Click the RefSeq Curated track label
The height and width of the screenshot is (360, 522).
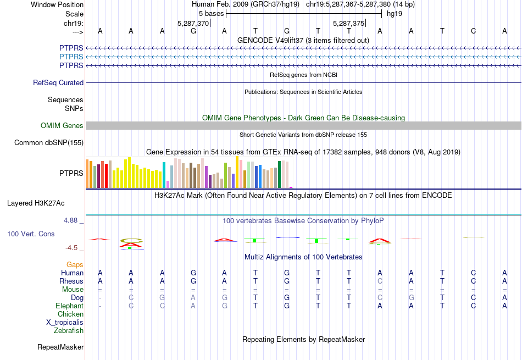pos(58,83)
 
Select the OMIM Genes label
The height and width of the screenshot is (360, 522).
pos(62,126)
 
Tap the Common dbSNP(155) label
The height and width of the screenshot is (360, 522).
pos(49,143)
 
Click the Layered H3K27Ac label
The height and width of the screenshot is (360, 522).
pos(36,203)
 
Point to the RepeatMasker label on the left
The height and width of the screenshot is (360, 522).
pos(60,347)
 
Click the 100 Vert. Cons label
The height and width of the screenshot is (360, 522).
pos(31,234)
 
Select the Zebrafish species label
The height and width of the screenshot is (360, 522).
pos(69,331)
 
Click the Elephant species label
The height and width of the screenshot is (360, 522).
pos(69,306)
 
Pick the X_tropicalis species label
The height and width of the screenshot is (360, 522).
pos(65,323)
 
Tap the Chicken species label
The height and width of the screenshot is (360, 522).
pos(70,314)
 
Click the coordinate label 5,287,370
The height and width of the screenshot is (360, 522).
pos(193,24)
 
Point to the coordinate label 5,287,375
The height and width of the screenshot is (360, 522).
pos(348,24)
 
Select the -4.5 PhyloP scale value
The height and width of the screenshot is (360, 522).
pos(72,248)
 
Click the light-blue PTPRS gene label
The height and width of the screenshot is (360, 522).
pos(71,57)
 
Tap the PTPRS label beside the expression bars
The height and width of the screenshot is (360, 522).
pos(71,173)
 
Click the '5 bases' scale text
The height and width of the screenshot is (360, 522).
pos(211,13)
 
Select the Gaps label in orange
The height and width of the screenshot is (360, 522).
pos(75,265)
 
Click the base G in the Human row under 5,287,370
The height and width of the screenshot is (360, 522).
pos(193,273)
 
